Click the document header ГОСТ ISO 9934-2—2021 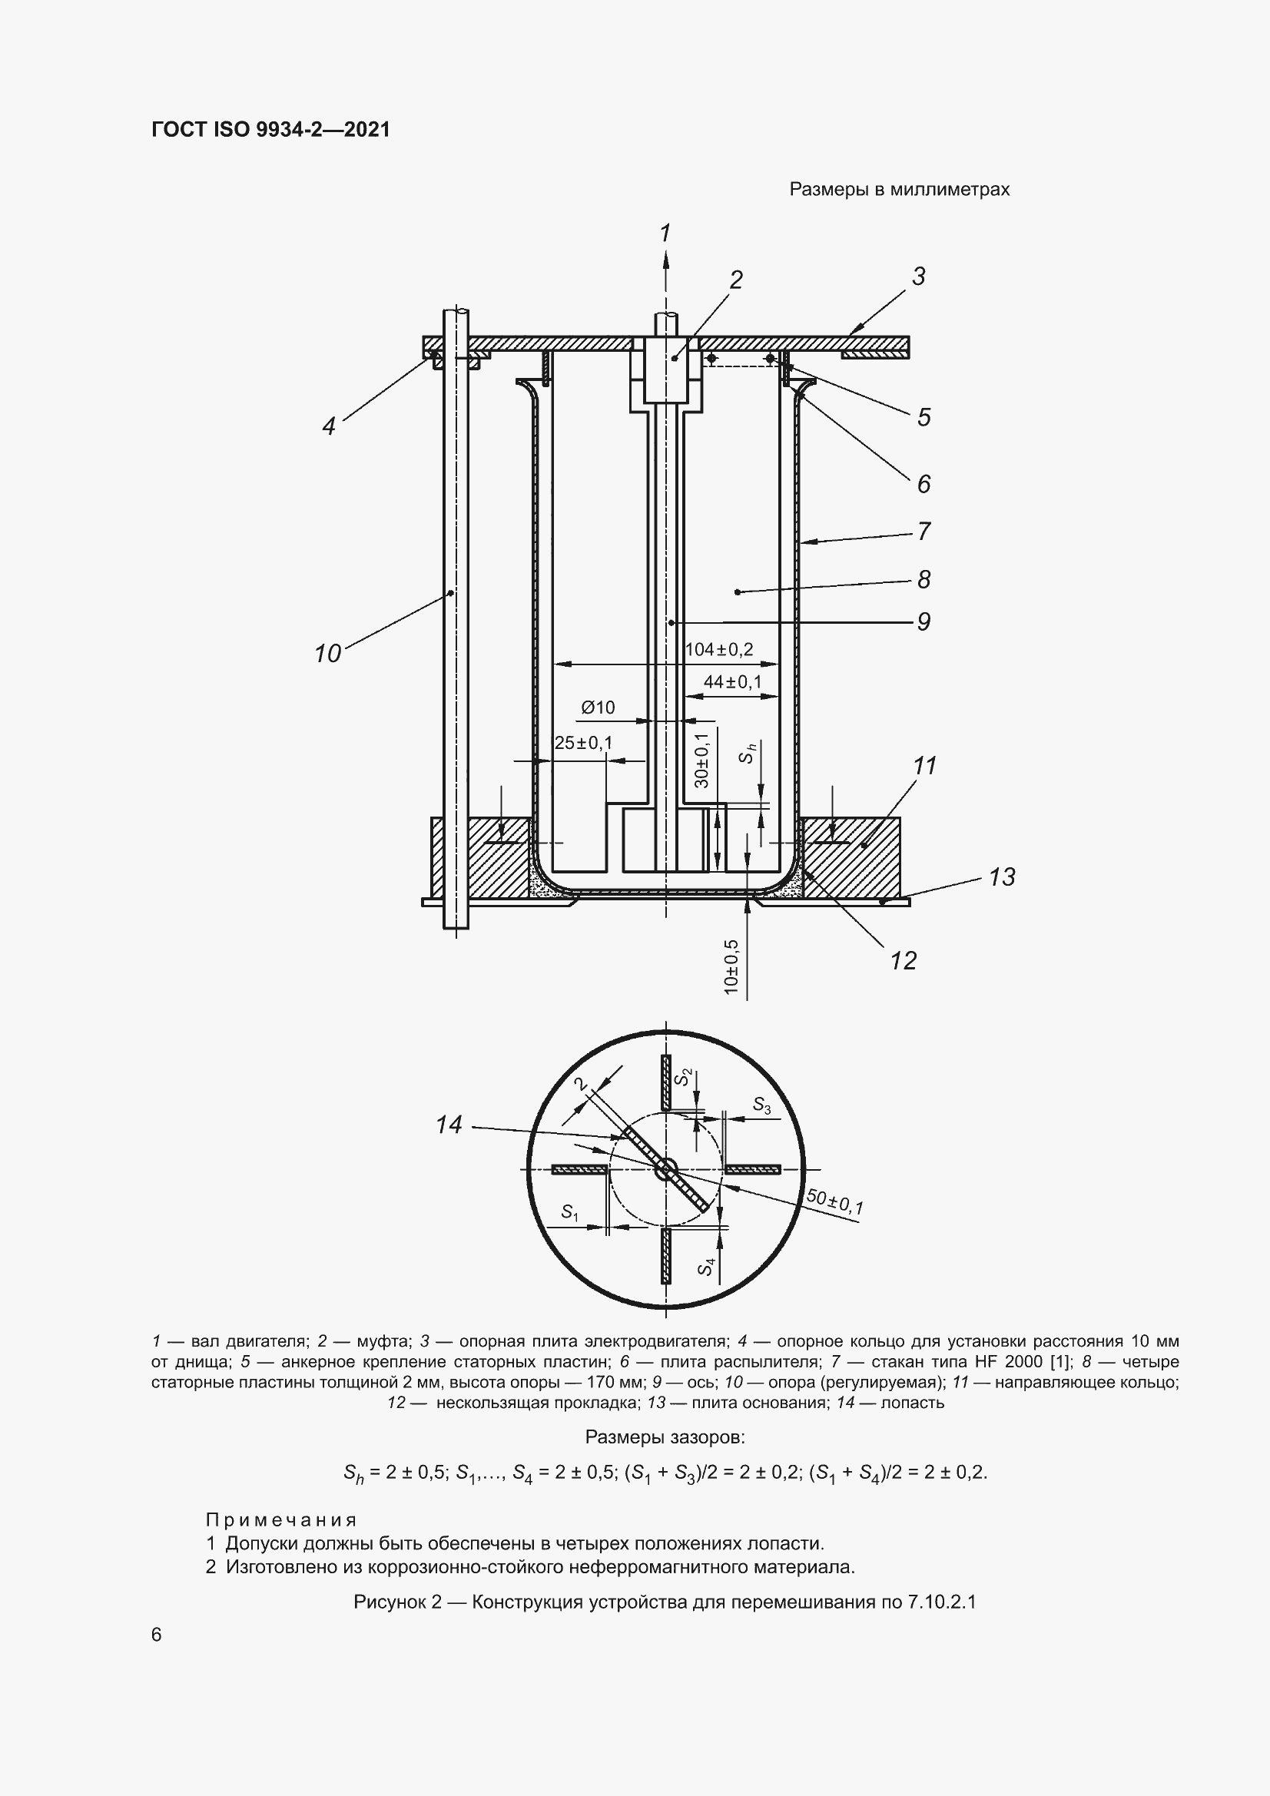[270, 129]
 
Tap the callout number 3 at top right [919, 276]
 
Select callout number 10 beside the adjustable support [328, 653]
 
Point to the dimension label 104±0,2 [718, 649]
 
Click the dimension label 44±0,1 [732, 682]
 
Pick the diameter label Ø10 [598, 708]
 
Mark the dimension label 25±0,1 [584, 742]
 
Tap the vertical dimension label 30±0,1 [701, 760]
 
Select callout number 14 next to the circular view [449, 1125]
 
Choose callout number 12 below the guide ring [903, 960]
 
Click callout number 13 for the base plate [1002, 877]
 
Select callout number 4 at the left [329, 426]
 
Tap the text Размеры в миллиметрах [899, 189]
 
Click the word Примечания [282, 1520]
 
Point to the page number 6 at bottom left [157, 1635]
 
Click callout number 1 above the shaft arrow [665, 233]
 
